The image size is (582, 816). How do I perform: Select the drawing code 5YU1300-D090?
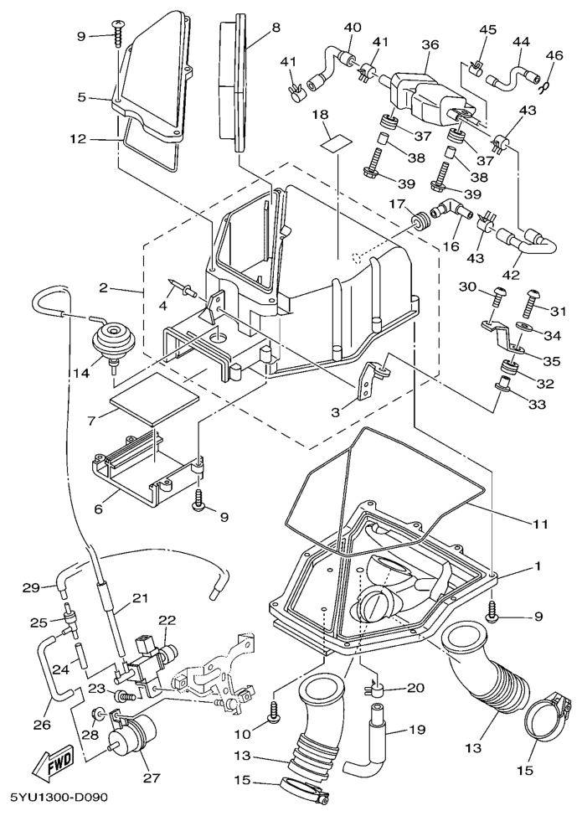60,796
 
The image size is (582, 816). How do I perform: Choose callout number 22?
167,620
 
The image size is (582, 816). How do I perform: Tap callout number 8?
276,27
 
